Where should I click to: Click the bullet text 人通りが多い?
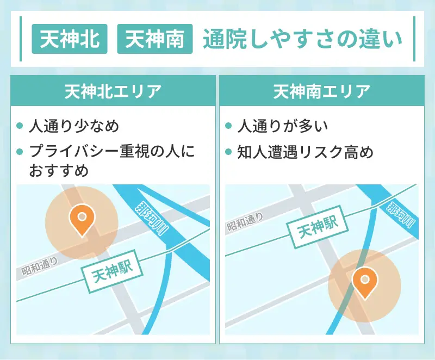[283, 126]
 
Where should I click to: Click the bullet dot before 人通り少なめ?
[20, 126]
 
